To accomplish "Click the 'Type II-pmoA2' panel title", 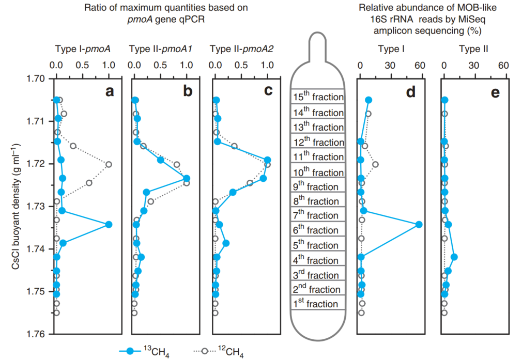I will pos(242,49).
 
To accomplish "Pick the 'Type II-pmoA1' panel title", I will pos(160,49).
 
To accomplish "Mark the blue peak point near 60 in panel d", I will pos(419,224).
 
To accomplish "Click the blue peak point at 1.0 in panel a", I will pos(109,224).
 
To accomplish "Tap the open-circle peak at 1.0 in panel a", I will pos(109,164).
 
